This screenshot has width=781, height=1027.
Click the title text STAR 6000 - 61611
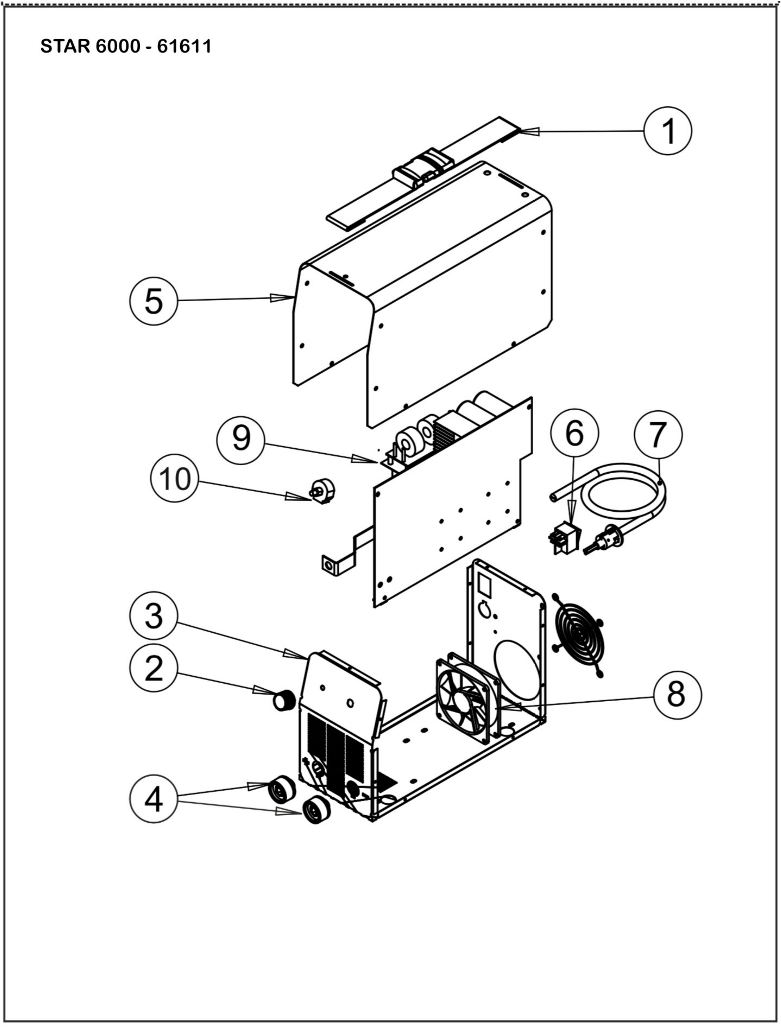tap(126, 46)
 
